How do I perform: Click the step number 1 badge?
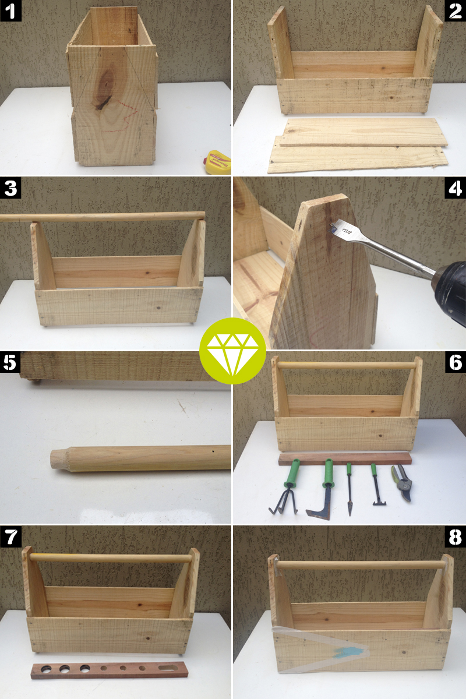(10, 10)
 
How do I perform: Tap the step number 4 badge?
(455, 188)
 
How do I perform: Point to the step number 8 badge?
(455, 536)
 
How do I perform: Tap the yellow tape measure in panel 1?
(219, 161)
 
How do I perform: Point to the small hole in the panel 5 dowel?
(213, 450)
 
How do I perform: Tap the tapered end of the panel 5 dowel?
(59, 460)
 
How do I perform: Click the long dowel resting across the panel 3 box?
(102, 217)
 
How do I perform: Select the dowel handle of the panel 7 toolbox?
(111, 558)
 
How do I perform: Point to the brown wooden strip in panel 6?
(345, 458)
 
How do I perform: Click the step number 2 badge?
(455, 10)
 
